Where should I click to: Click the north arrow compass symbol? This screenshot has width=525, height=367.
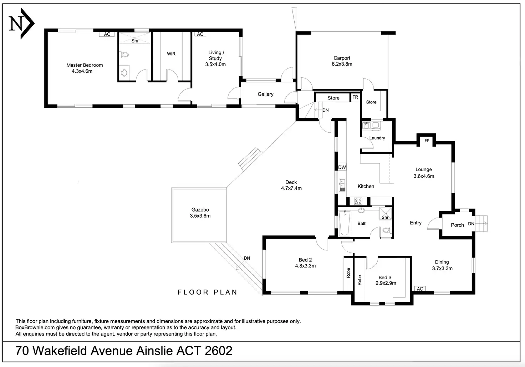(21, 23)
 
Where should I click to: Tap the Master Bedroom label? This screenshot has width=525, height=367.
(85, 65)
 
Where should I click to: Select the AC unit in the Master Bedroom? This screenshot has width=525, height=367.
(107, 34)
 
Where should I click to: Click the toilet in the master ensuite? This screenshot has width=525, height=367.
(124, 55)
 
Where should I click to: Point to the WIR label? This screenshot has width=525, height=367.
(171, 54)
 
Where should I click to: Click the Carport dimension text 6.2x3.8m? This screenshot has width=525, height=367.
(342, 64)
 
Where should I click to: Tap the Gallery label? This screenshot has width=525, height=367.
(265, 94)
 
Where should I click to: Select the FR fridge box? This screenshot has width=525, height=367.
(355, 97)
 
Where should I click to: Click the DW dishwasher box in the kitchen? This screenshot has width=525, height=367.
(342, 167)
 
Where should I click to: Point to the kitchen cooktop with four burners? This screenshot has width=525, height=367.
(358, 201)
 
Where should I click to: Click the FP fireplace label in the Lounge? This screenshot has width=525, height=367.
(427, 141)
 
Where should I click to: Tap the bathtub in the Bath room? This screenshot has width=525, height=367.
(345, 223)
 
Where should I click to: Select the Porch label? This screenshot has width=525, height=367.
(457, 225)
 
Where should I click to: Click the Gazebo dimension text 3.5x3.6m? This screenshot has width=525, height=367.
(200, 216)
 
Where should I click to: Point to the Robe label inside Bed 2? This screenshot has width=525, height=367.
(348, 273)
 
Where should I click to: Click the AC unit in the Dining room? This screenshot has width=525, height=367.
(420, 289)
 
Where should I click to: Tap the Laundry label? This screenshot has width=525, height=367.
(377, 138)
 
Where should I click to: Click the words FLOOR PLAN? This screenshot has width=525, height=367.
(208, 292)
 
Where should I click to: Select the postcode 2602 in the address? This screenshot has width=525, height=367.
(218, 351)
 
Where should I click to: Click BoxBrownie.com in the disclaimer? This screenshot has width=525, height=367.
(35, 328)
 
